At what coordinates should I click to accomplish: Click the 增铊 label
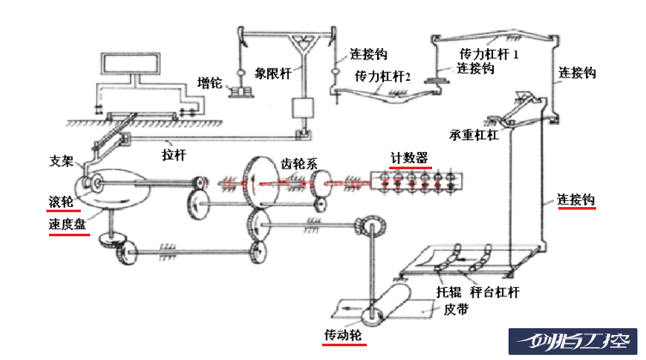[210, 83]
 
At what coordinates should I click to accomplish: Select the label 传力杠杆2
[383, 76]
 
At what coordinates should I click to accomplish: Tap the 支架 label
[62, 161]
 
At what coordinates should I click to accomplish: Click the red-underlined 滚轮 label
[61, 201]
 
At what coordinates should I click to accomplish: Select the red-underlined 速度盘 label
[67, 224]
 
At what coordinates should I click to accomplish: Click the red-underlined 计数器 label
[410, 157]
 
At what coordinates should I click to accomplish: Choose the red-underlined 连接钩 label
[576, 200]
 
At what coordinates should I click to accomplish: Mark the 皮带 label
[457, 310]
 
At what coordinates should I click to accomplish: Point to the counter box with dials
[416, 181]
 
